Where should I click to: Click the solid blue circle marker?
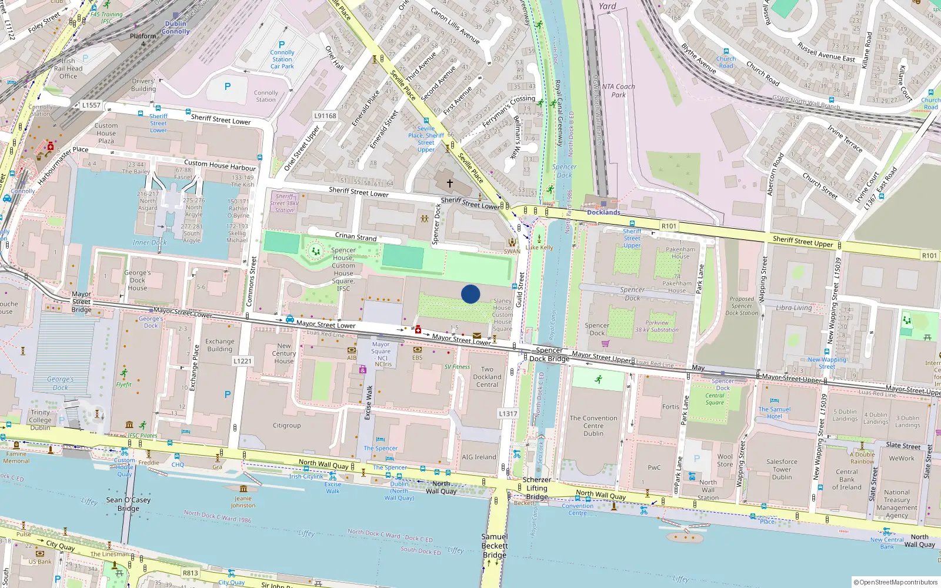coord(470,294)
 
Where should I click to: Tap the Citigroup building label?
coord(286,426)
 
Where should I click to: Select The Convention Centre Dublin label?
coord(593,426)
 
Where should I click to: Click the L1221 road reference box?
coord(242,361)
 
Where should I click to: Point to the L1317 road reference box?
coord(508,413)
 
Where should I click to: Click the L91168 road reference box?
coord(325,116)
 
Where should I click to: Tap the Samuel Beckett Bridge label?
coord(495,546)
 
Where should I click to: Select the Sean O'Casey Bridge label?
coord(128,504)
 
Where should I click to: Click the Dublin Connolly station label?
coord(175,28)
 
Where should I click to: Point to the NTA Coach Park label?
coord(618,91)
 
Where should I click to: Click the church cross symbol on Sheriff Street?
coord(450,183)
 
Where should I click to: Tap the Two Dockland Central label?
coord(487,377)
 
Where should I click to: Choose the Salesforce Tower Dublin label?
coord(782,469)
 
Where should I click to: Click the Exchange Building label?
coord(219,345)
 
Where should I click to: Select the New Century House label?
coord(284,353)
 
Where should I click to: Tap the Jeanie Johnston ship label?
coord(243,502)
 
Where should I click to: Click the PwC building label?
coord(654,468)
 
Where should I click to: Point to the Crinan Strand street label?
coord(356,236)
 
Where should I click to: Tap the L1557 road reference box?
coord(91,105)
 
